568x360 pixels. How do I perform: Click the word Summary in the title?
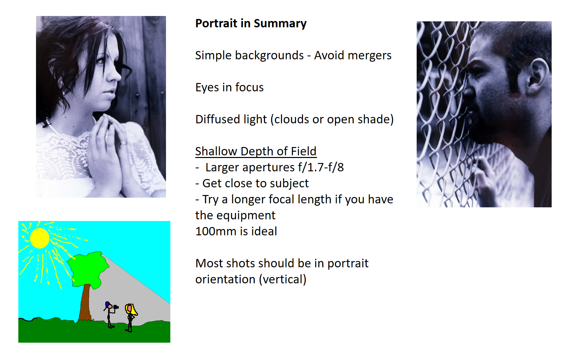tap(280, 24)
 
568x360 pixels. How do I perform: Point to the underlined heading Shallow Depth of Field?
tap(256, 152)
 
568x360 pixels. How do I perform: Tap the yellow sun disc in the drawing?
tap(40, 238)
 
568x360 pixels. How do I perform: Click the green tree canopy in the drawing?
tap(88, 270)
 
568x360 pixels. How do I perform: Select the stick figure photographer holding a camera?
tap(110, 315)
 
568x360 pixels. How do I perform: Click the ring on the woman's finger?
tap(123, 143)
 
